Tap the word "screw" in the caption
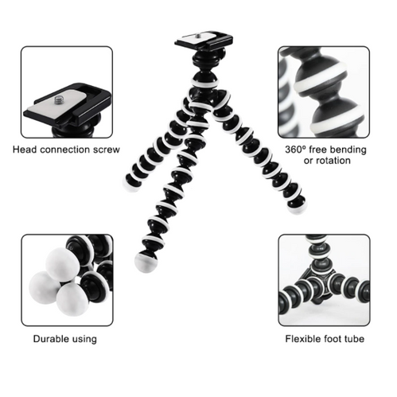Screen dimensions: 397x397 click(x=106, y=150)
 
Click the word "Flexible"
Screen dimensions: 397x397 click(x=306, y=339)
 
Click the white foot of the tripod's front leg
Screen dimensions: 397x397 click(x=146, y=263)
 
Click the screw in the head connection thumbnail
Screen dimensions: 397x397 click(x=60, y=101)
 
